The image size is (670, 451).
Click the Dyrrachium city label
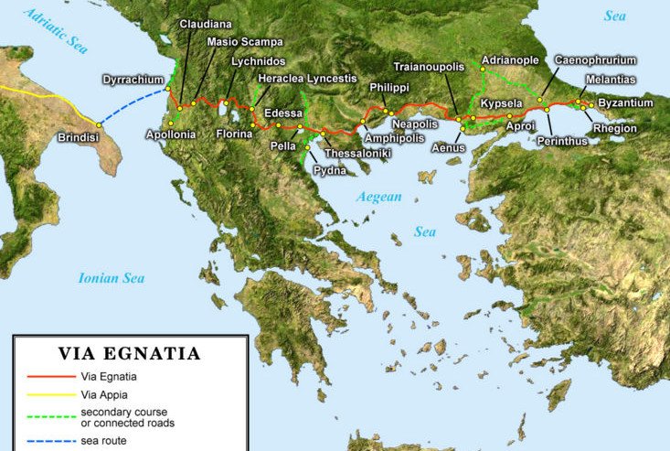click(133, 80)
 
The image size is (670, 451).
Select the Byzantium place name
click(625, 103)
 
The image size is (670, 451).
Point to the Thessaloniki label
click(358, 153)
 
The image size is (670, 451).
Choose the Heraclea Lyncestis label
click(307, 79)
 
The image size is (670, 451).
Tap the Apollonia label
click(171, 134)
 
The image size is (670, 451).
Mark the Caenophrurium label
click(595, 59)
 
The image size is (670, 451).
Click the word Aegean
click(379, 197)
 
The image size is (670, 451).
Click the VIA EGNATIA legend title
click(129, 353)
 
